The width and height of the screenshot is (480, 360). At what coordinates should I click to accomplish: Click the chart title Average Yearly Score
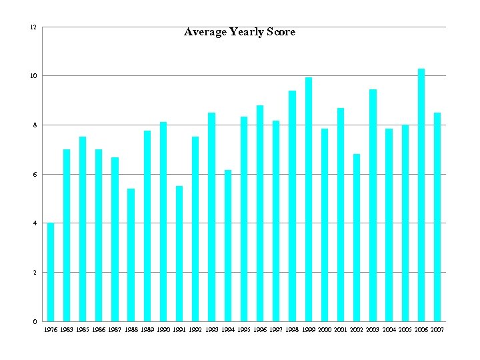click(239, 32)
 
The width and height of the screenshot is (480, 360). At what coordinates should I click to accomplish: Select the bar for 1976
click(51, 272)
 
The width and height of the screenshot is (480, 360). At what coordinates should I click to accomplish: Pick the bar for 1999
click(309, 199)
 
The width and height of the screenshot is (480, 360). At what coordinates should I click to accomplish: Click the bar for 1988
click(131, 255)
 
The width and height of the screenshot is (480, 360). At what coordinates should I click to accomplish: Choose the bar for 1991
click(179, 253)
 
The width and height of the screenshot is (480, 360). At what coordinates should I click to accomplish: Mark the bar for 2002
click(357, 237)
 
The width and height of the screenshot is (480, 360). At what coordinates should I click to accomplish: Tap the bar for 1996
click(260, 213)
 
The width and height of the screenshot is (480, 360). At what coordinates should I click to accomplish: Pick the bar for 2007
click(437, 217)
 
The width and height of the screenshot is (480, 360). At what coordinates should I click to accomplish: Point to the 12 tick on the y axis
click(33, 27)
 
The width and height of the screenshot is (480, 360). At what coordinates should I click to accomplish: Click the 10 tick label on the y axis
click(33, 76)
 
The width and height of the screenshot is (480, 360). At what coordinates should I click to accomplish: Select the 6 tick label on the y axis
click(34, 174)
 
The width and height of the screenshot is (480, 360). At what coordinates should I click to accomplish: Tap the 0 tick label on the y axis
click(34, 321)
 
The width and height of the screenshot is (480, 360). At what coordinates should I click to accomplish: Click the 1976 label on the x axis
click(51, 330)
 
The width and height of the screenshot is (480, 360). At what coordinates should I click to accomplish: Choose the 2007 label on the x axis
click(437, 330)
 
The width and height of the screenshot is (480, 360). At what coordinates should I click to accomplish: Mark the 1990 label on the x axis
click(163, 330)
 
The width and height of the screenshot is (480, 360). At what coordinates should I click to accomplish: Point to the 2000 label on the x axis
click(325, 330)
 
